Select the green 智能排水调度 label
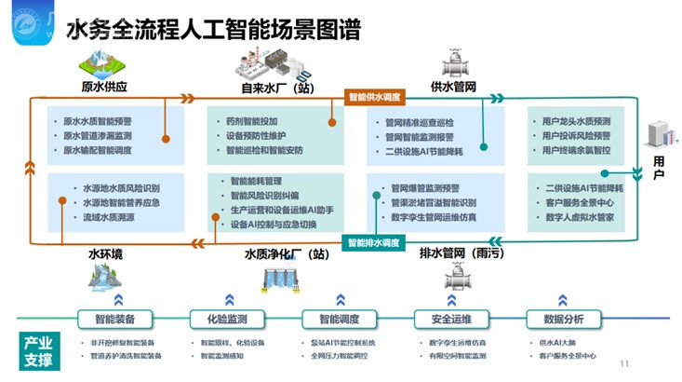pos(373,243)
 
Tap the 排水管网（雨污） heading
pos(455,252)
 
